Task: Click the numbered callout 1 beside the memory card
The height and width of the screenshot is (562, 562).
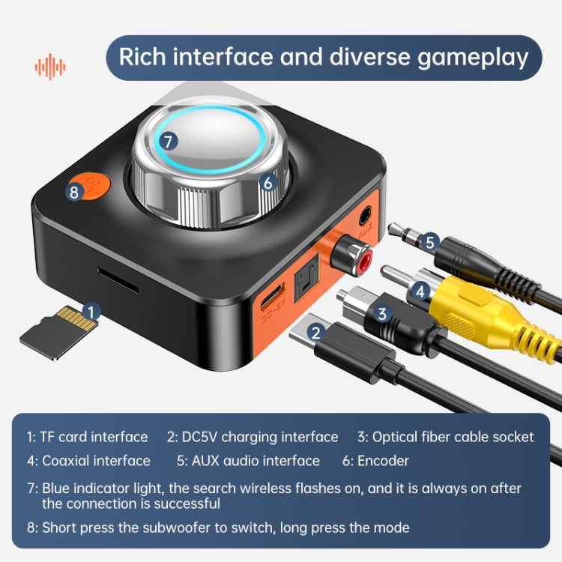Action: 91,310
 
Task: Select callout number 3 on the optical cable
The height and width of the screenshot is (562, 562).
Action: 382,313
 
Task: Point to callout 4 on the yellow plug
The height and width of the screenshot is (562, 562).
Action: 421,288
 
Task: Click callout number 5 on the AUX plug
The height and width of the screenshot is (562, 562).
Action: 429,242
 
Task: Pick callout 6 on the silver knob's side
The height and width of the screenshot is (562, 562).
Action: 269,181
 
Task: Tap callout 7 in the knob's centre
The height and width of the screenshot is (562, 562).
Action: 168,139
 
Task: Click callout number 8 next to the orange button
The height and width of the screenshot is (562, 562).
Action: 73,191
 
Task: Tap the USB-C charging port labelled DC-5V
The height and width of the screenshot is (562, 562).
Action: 271,297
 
